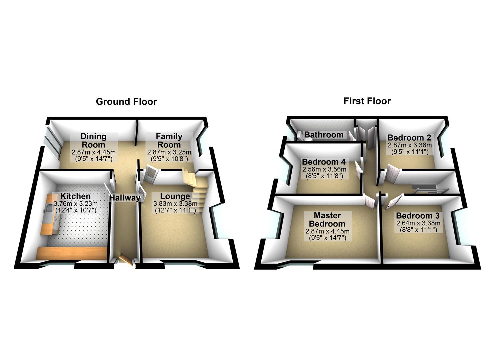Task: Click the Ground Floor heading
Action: (126, 102)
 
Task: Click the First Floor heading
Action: (367, 101)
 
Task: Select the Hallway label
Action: (125, 198)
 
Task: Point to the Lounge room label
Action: (175, 196)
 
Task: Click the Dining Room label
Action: (94, 140)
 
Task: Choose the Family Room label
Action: (169, 140)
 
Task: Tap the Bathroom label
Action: (324, 135)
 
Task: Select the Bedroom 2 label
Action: (409, 138)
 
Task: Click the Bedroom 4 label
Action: (324, 162)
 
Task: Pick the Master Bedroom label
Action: (327, 219)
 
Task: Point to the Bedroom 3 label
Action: (418, 215)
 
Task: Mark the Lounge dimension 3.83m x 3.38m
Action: (175, 204)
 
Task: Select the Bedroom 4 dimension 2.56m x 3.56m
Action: (324, 169)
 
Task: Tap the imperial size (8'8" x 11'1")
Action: (418, 230)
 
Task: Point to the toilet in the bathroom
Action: (300, 135)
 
